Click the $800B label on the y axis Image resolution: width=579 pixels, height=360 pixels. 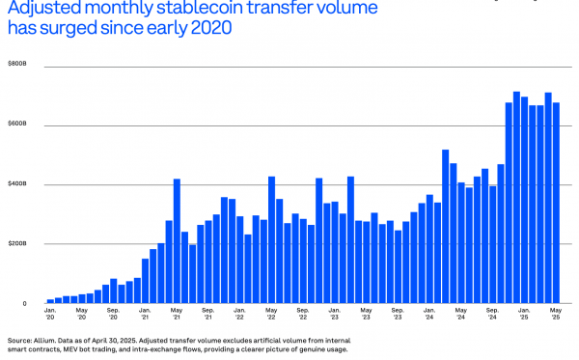click(17, 64)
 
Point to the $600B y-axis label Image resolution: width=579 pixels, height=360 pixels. click(17, 124)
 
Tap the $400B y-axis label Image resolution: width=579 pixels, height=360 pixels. click(17, 183)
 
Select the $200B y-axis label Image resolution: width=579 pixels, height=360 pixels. click(17, 243)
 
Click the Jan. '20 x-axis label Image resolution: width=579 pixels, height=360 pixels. click(50, 314)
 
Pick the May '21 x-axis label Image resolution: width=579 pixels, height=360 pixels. click(177, 314)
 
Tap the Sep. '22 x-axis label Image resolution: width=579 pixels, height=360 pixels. click(303, 314)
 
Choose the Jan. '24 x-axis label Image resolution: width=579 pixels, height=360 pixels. click(429, 314)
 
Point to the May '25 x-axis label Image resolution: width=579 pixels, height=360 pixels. click(556, 314)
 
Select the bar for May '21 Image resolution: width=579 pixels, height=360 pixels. click(177, 241)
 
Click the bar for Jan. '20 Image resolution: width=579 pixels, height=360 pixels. click(50, 301)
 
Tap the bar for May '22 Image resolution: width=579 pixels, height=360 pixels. click(272, 240)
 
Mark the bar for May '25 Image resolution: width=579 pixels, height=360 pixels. click(556, 203)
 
